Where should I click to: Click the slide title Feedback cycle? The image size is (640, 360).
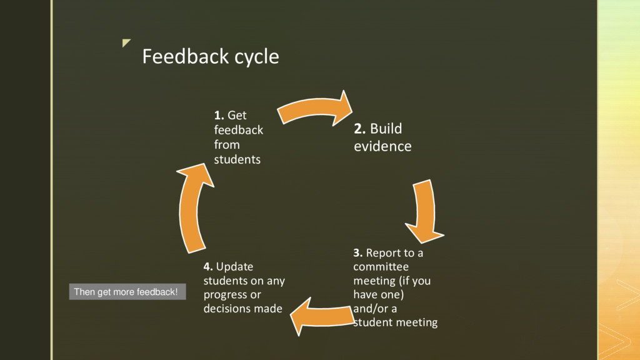coord(210,57)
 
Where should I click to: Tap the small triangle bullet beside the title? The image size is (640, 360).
coord(127,43)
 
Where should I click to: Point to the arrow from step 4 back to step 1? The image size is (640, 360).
coord(194,206)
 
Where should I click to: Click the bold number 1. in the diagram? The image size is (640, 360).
coord(219,116)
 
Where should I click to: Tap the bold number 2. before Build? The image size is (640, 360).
coord(360,129)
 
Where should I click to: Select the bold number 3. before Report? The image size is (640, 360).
coord(358,253)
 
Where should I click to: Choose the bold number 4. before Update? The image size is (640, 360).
coord(208,267)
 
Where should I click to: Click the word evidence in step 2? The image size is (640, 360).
coord(382,147)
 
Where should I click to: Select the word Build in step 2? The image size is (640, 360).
coord(386,129)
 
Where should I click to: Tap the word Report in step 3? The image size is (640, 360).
coord(381,253)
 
